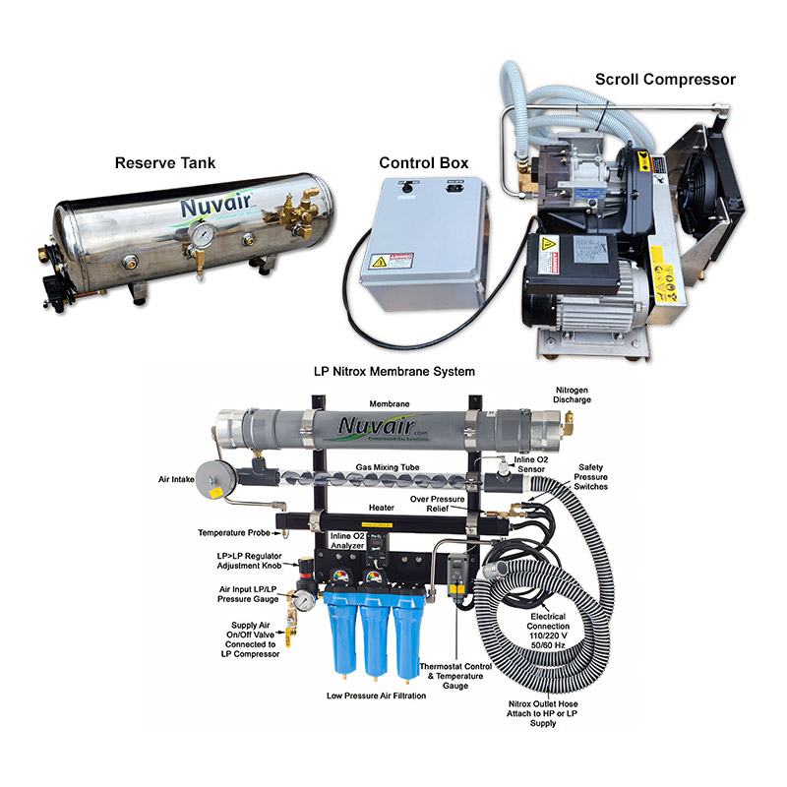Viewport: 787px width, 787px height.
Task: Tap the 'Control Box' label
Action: click(x=424, y=162)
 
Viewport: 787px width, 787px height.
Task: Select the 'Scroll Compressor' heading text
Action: click(x=665, y=79)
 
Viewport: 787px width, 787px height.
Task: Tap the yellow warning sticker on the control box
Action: click(x=379, y=263)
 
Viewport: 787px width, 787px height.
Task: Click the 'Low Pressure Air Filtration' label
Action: click(x=375, y=696)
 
